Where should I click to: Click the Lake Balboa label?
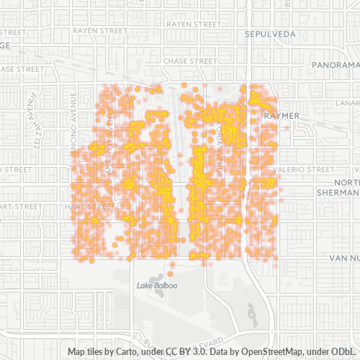click(153, 286)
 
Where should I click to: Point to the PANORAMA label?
click(337, 65)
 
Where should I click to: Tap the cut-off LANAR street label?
click(350, 102)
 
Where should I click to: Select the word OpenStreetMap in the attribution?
click(271, 351)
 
